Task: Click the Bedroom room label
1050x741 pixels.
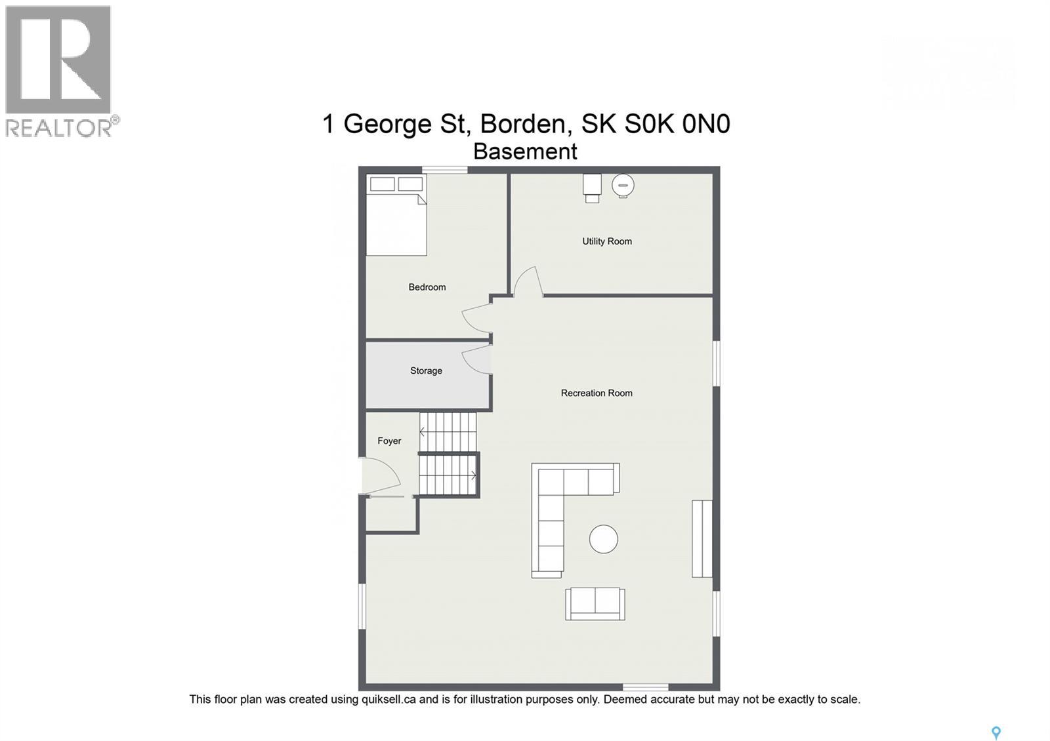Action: coord(427,287)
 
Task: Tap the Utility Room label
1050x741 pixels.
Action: coord(606,241)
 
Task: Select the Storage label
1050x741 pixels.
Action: coord(426,370)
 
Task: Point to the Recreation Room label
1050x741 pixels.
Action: coord(597,393)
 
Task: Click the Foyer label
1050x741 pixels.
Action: coord(389,441)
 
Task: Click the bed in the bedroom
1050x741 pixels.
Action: coord(396,215)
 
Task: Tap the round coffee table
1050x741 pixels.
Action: coord(603,539)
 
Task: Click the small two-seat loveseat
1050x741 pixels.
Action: coord(595,604)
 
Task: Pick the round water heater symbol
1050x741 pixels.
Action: coord(623,186)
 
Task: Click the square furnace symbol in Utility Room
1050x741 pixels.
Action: coord(592,188)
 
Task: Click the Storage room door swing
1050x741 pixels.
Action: coord(476,360)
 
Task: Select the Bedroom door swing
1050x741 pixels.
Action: coord(476,318)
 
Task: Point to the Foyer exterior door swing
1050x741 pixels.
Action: coord(381,475)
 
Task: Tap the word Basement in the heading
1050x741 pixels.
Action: coord(525,151)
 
